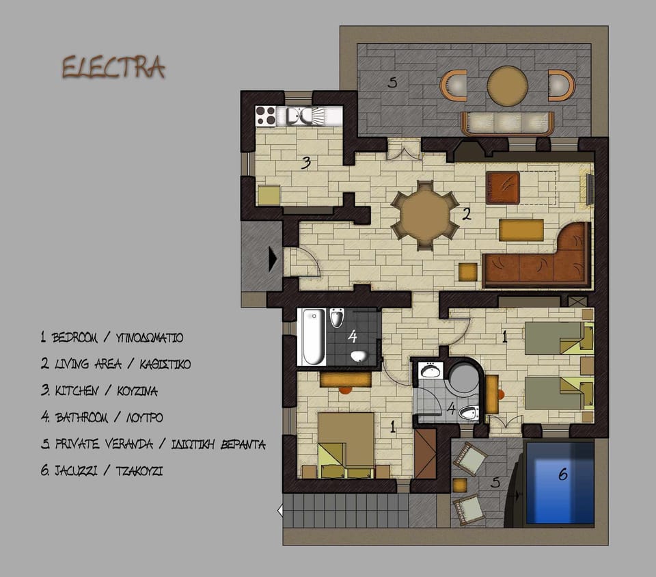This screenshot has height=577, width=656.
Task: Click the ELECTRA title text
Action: coord(113,68)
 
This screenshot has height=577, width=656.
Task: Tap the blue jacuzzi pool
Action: coord(559,482)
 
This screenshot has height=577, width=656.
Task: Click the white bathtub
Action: coord(313,336)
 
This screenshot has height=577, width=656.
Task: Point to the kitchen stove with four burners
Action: coord(265,116)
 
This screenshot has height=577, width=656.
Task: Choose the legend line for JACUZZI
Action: coord(102,470)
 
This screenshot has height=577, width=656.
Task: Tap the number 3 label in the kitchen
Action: coord(307,163)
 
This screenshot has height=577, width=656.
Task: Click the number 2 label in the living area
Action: coord(467,214)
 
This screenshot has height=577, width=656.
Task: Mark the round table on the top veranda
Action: coord(508,85)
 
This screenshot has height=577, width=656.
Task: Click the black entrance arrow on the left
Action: coord(273,259)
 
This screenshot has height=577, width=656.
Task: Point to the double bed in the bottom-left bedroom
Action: coord(346,444)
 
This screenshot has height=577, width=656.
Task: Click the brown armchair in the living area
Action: coord(503,187)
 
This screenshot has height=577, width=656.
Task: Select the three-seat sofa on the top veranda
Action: coord(507,123)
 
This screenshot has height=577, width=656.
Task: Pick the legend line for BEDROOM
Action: coord(111,337)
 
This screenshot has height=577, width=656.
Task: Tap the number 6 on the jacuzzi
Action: coord(563,474)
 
